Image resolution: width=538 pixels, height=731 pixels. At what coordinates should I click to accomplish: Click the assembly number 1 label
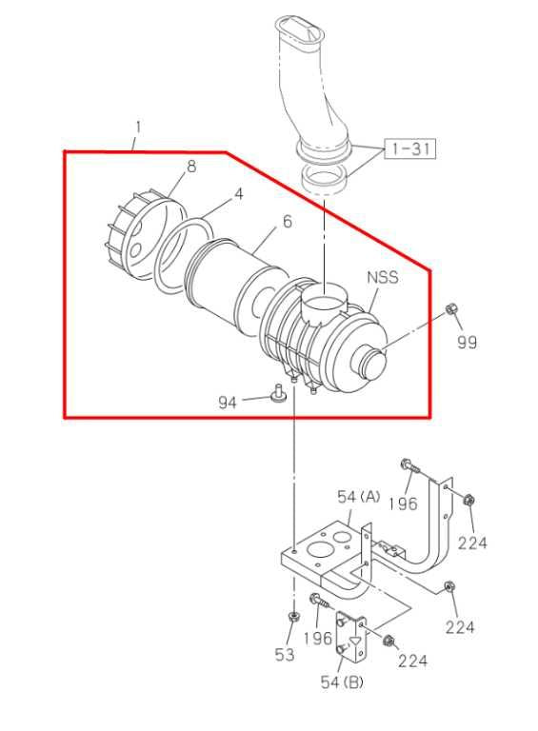pyautogui.click(x=138, y=127)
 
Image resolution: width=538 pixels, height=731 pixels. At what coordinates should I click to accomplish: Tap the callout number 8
pyautogui.click(x=191, y=167)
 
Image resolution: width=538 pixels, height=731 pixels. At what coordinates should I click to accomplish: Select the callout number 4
pyautogui.click(x=239, y=193)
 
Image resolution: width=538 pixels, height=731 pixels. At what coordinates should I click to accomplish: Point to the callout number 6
pyautogui.click(x=286, y=223)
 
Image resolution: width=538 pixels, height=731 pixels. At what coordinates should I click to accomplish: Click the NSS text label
pyautogui.click(x=382, y=279)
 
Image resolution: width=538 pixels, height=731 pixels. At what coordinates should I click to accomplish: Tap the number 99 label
pyautogui.click(x=467, y=343)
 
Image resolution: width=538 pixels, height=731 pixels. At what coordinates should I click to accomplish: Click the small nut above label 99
pyautogui.click(x=452, y=309)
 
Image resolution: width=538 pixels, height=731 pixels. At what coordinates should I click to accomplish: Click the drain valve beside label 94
pyautogui.click(x=279, y=394)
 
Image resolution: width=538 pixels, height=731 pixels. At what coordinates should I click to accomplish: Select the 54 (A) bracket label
pyautogui.click(x=358, y=497)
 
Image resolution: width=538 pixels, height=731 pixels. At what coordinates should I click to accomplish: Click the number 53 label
pyautogui.click(x=285, y=655)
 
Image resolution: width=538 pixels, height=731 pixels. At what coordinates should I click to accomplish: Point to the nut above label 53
pyautogui.click(x=290, y=620)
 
